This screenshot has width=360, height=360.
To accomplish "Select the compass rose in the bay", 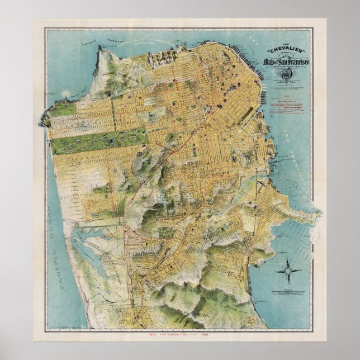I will tap(288, 271).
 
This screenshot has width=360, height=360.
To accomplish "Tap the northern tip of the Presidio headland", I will tap(101, 51).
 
